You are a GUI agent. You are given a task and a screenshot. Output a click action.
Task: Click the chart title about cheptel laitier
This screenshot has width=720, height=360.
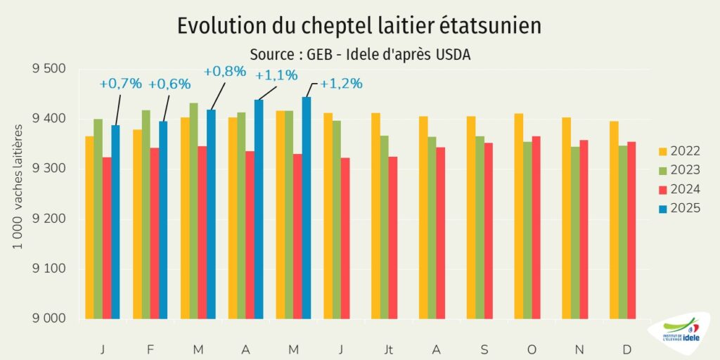(359, 26)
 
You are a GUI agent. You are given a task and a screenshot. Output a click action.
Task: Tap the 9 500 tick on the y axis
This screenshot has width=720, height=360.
(49, 69)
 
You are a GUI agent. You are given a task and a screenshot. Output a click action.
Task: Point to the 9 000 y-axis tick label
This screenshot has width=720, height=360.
(49, 319)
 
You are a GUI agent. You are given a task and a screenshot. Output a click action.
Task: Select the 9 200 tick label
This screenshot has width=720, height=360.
(49, 219)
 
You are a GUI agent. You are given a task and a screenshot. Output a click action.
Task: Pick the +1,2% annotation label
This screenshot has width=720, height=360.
(341, 84)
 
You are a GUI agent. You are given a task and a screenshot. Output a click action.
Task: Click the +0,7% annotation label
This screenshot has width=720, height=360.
(120, 84)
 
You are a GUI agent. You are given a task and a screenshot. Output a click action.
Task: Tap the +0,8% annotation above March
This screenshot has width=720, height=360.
(224, 71)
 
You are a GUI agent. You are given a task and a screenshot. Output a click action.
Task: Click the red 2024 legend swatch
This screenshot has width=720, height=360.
(663, 189)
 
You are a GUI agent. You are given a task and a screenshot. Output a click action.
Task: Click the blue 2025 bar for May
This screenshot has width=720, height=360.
(307, 208)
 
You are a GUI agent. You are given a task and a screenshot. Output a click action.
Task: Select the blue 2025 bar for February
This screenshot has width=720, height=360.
(163, 220)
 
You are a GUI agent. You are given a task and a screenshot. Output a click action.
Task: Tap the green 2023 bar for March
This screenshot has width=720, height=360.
(193, 211)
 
